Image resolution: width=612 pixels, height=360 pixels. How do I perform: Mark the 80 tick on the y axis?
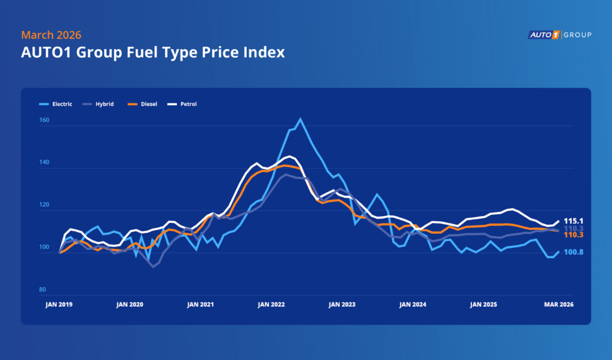tap(42, 290)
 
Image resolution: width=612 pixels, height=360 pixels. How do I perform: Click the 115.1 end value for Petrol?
tap(574, 221)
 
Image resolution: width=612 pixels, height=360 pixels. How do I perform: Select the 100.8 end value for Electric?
tap(574, 252)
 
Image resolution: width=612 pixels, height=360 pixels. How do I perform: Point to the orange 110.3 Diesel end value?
tap(574, 235)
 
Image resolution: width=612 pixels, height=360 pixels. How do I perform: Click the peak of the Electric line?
tap(300, 118)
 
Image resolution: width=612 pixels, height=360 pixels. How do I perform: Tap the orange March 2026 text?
tap(51, 35)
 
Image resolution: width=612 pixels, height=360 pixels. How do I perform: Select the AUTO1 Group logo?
tap(559, 35)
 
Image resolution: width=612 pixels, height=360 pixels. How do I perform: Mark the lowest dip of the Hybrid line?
tap(153, 267)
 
